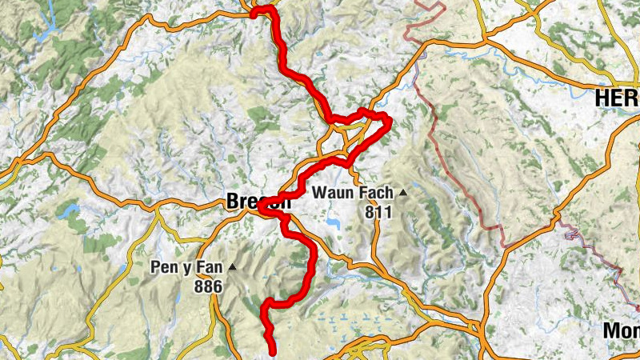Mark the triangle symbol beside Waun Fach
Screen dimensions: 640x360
(x=403, y=193)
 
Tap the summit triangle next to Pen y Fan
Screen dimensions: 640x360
(x=232, y=267)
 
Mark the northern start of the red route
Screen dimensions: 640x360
(x=255, y=11)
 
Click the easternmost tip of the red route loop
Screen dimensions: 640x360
(x=389, y=122)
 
